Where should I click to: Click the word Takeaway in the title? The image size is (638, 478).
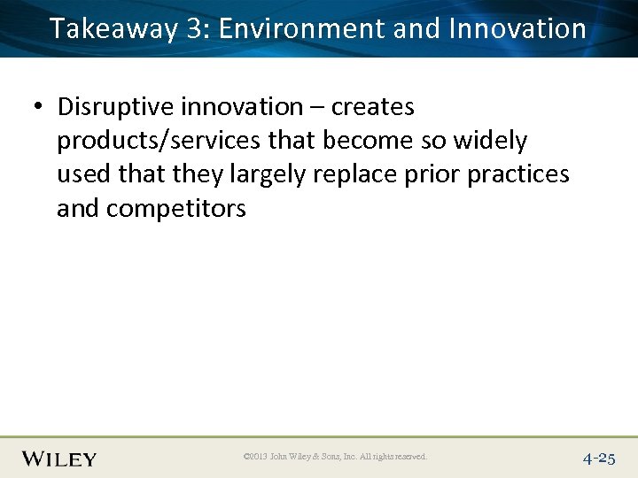(113, 28)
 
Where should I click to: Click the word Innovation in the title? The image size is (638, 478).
(517, 28)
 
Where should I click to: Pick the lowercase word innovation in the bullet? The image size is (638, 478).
(241, 107)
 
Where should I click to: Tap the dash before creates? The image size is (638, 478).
(317, 108)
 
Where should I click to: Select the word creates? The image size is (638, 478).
(373, 107)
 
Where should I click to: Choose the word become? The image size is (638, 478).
(362, 141)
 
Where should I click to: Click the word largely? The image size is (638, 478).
(266, 174)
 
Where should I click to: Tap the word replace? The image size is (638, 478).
(352, 174)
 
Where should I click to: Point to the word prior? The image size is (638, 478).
(429, 174)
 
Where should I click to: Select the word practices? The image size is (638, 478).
(517, 174)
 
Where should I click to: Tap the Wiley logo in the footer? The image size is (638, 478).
(59, 459)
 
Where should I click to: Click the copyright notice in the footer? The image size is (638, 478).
(335, 458)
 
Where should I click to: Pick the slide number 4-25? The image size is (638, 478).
(599, 459)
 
